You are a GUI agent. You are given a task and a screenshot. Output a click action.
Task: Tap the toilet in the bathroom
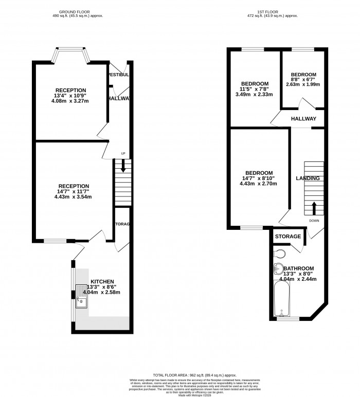[280, 254]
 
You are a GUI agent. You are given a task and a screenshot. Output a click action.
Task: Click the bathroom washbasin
[278, 267]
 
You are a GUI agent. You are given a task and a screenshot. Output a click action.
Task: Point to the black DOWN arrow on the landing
[313, 208]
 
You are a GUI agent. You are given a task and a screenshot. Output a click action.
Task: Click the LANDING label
[308, 178]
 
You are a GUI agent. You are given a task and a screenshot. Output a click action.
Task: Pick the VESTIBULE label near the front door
[118, 75]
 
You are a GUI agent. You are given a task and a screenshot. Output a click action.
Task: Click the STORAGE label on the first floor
[287, 236]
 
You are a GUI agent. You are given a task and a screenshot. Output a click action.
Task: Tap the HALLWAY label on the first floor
[304, 119]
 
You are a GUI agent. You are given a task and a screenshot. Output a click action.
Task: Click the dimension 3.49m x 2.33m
[255, 95]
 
